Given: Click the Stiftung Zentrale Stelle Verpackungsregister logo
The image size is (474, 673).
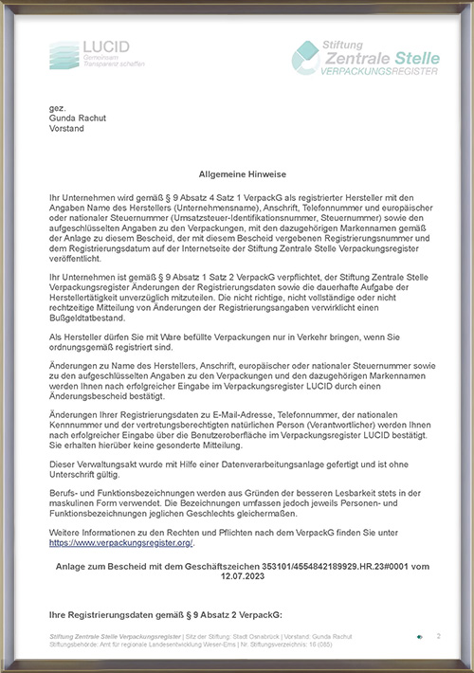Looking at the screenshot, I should point(352,58).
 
